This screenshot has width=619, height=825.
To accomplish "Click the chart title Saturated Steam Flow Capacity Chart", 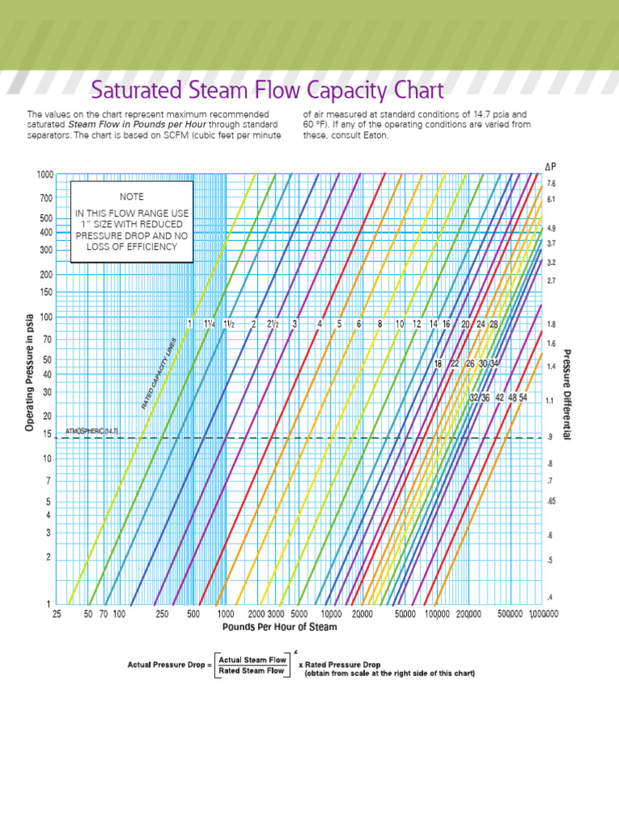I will click(x=267, y=89).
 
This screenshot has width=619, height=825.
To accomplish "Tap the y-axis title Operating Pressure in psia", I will click(x=29, y=371).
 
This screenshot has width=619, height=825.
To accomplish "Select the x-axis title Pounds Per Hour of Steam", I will click(x=280, y=627).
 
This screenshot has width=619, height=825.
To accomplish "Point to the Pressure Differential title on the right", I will click(x=567, y=394).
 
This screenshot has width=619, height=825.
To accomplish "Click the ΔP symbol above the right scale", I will click(x=550, y=166).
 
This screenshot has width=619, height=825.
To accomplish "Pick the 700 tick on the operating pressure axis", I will click(x=45, y=197).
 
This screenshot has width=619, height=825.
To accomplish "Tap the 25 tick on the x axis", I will click(x=57, y=615).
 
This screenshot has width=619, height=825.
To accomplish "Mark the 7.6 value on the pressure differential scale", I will click(x=551, y=184).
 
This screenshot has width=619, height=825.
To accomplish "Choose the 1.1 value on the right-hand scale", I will click(x=550, y=400).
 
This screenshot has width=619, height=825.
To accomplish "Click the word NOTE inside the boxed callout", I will click(x=131, y=197).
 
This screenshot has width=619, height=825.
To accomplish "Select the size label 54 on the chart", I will click(x=523, y=397).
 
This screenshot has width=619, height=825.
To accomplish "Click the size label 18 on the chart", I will click(x=438, y=363).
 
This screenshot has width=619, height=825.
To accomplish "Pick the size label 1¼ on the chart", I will click(x=210, y=324).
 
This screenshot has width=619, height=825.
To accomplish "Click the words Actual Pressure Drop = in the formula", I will click(x=170, y=665).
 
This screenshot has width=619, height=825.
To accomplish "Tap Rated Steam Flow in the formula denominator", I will click(x=252, y=670).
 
